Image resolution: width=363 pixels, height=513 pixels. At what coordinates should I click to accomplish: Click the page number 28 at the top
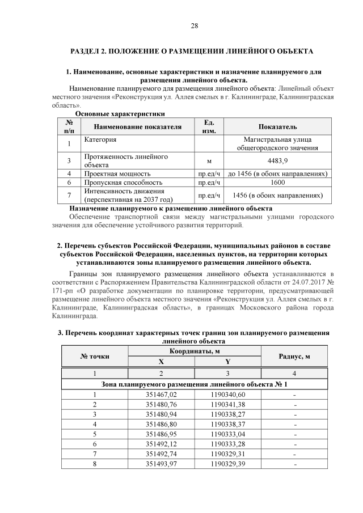[194, 26]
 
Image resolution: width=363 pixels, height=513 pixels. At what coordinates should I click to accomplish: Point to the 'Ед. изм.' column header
[208, 126]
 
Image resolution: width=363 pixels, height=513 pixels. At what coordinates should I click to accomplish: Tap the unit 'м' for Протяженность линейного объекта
[208, 161]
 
